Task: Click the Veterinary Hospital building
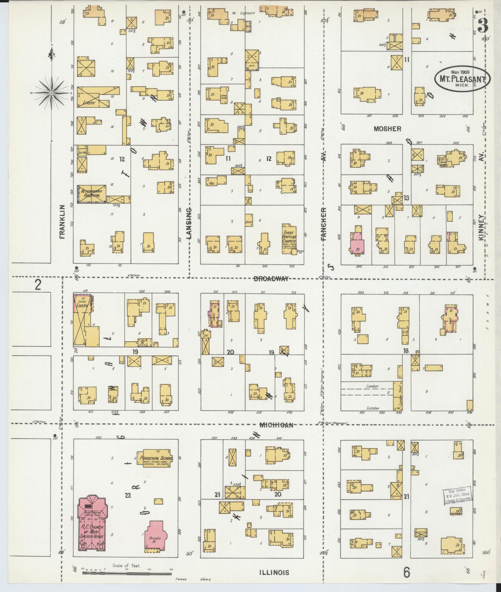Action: (x=91, y=194)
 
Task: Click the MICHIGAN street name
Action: (x=276, y=425)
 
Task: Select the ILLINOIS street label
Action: (x=274, y=572)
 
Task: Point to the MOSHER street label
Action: (x=387, y=129)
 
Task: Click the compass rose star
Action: (x=52, y=93)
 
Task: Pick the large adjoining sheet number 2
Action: (x=38, y=285)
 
